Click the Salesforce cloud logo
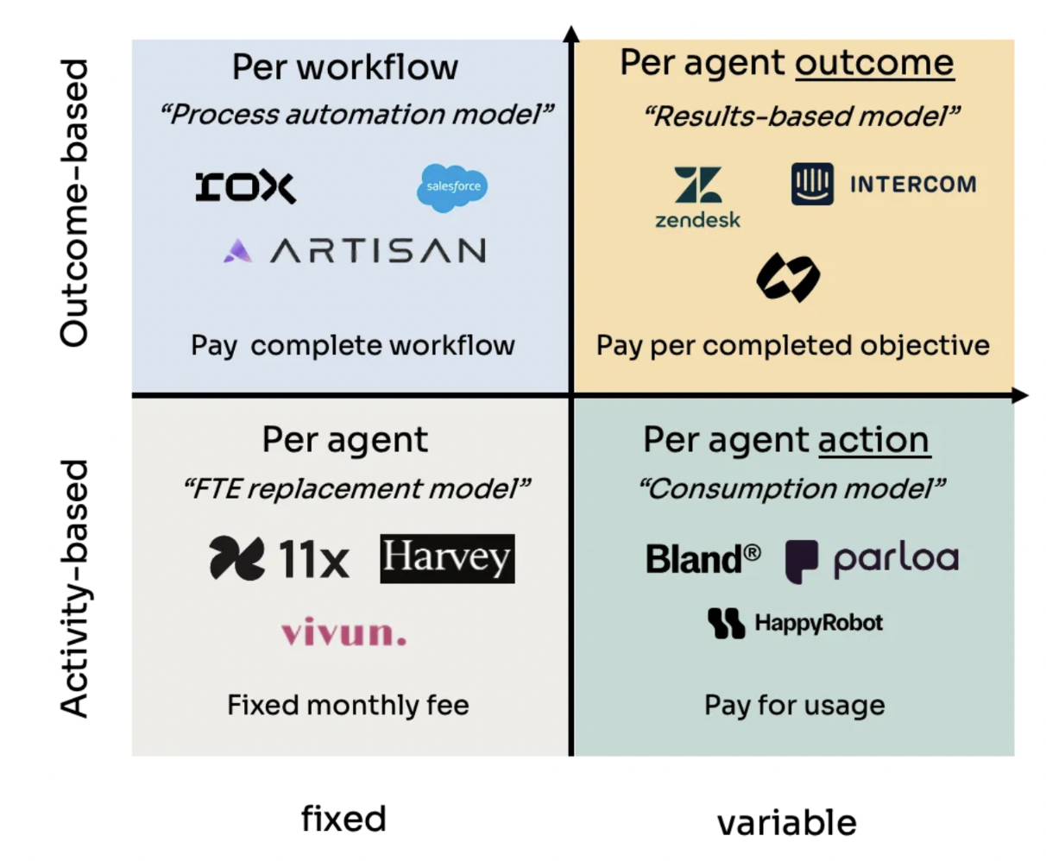pos(452,187)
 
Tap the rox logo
pos(245,187)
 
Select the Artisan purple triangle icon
pos(237,250)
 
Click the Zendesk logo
pos(698,198)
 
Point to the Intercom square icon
pos(812,184)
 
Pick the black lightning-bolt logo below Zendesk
pos(787,277)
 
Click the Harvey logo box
pos(447,558)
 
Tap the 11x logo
pos(279,558)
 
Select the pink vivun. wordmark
pos(343,632)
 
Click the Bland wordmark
pos(703,558)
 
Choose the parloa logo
pos(872,561)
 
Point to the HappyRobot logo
pos(795,623)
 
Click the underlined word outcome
pos(874,64)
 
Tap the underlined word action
pos(874,440)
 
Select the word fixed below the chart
pos(343,819)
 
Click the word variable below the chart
pos(787,822)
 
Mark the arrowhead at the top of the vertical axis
pos(571,33)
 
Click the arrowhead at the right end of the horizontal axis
pos(1020,395)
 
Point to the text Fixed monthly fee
pos(348,705)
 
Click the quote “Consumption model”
pos(792,489)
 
